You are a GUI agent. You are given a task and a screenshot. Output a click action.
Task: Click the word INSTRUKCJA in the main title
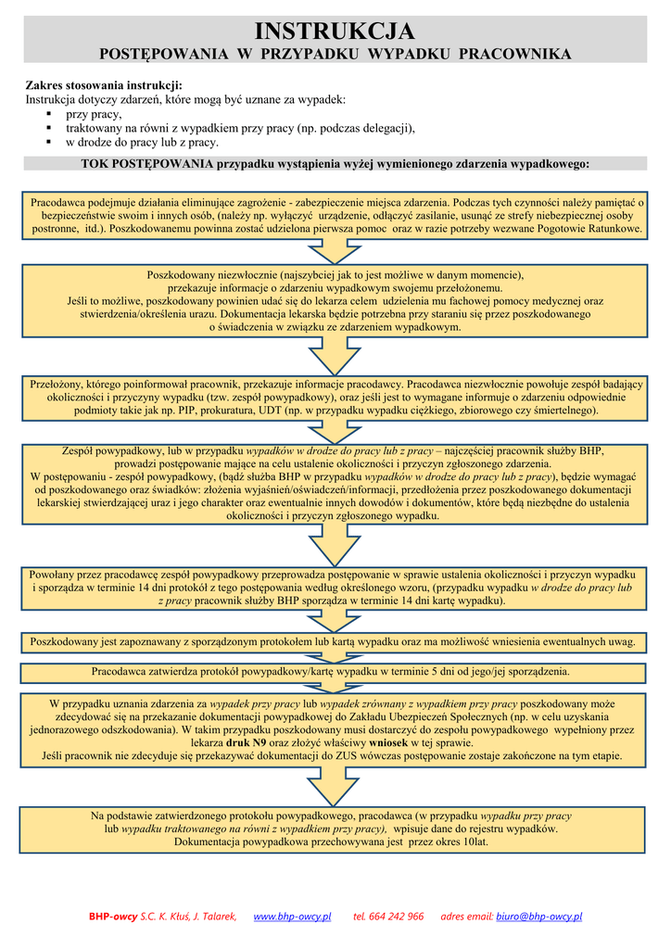coord(335,32)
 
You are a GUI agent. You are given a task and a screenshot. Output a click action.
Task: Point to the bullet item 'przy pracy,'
coord(93,114)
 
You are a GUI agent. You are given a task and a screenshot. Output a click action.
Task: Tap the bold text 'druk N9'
coord(247,742)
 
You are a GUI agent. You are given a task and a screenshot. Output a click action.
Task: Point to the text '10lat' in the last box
coord(472,842)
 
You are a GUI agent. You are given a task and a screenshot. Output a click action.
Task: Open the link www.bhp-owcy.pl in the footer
coord(292,917)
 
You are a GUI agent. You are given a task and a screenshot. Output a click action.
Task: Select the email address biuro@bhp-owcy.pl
coord(539,917)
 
